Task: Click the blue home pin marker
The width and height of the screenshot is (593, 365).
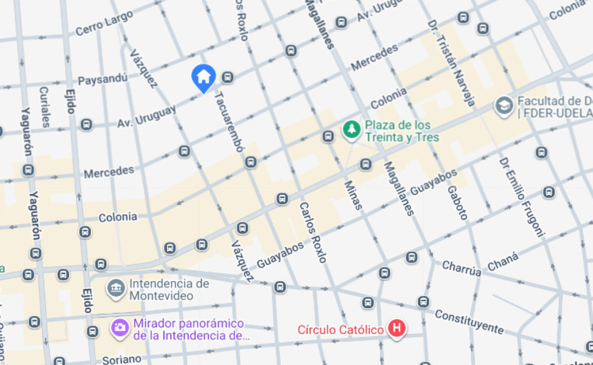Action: pyautogui.click(x=204, y=77)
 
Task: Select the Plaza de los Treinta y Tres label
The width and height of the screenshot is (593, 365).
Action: pyautogui.click(x=402, y=131)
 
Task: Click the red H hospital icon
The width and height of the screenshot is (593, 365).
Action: pyautogui.click(x=396, y=328)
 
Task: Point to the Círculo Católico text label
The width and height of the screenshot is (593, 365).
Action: pyautogui.click(x=340, y=329)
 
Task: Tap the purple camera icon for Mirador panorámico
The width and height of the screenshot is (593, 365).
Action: pyautogui.click(x=119, y=327)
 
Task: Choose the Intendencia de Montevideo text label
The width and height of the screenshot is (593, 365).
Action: pyautogui.click(x=169, y=290)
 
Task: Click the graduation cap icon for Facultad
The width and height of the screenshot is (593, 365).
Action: pyautogui.click(x=504, y=106)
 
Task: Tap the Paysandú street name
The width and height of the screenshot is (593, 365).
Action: pyautogui.click(x=103, y=79)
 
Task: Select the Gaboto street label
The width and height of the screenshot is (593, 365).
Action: pyautogui.click(x=457, y=203)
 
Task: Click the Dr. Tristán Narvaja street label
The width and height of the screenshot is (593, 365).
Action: pyautogui.click(x=451, y=63)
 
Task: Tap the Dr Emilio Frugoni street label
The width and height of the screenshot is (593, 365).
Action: pyautogui.click(x=521, y=197)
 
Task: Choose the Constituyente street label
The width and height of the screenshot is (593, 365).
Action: pyautogui.click(x=469, y=322)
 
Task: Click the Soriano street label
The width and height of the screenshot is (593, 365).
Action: pyautogui.click(x=122, y=359)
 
